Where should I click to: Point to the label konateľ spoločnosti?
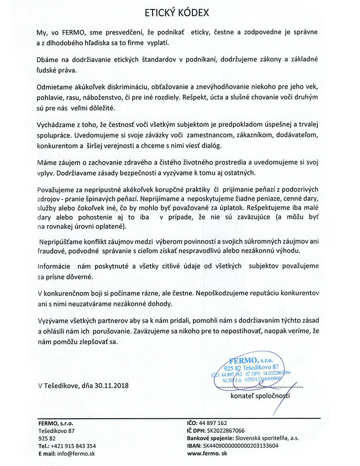[260, 396]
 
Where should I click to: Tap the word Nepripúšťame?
[62, 242]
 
